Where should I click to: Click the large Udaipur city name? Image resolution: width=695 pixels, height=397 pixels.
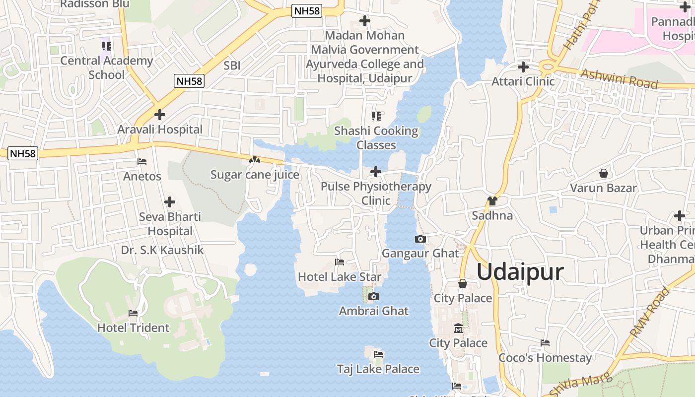point(520,272)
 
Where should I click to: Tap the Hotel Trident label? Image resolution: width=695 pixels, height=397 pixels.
point(133,328)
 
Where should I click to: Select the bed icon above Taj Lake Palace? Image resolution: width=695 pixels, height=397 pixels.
point(378,354)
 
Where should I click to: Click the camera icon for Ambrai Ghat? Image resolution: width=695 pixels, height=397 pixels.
point(374,297)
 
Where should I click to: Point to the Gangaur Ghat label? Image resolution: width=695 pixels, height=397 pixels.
point(420,253)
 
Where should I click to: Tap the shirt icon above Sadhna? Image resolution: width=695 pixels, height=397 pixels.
point(492,201)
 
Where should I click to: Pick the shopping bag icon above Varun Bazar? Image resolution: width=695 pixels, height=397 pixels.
point(603,173)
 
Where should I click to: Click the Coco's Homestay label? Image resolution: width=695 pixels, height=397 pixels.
point(545,358)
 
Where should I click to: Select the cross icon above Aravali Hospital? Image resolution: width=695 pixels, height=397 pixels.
point(159,115)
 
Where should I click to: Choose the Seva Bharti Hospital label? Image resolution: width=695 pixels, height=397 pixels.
point(170,224)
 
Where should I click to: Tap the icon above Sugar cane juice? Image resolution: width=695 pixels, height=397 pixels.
point(255,160)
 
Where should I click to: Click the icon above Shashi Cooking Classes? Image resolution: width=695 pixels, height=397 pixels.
point(376,116)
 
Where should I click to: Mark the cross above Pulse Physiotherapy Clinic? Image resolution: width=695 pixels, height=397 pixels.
point(376,172)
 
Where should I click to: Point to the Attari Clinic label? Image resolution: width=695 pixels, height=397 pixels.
point(523,81)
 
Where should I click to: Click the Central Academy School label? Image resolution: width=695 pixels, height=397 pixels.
point(107,67)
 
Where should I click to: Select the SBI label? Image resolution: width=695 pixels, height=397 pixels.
point(232,65)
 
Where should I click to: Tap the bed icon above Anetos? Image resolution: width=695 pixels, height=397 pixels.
point(142,162)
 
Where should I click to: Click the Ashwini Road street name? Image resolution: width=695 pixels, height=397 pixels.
point(619,78)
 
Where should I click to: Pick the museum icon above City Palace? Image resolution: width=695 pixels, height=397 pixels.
point(458,329)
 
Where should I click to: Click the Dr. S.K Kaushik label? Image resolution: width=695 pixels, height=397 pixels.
point(162,250)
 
